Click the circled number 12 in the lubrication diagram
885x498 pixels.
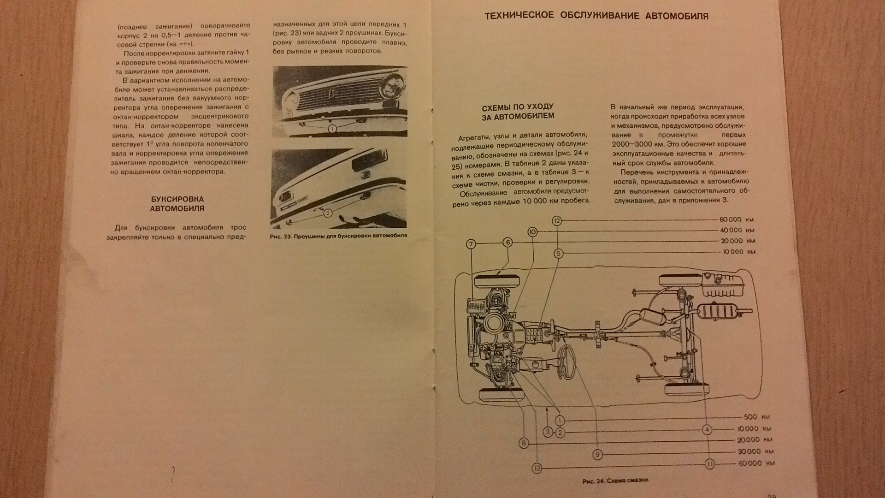[557, 221]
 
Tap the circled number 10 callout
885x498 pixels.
[533, 232]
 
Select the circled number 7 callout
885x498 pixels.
[471, 244]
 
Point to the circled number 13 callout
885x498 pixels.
[537, 468]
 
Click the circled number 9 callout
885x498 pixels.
[597, 455]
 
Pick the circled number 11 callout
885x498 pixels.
[710, 464]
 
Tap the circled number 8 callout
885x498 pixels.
[524, 444]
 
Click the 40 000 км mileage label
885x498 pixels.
[737, 230]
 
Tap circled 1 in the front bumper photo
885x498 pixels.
[332, 129]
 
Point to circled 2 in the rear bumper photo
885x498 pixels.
[328, 213]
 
